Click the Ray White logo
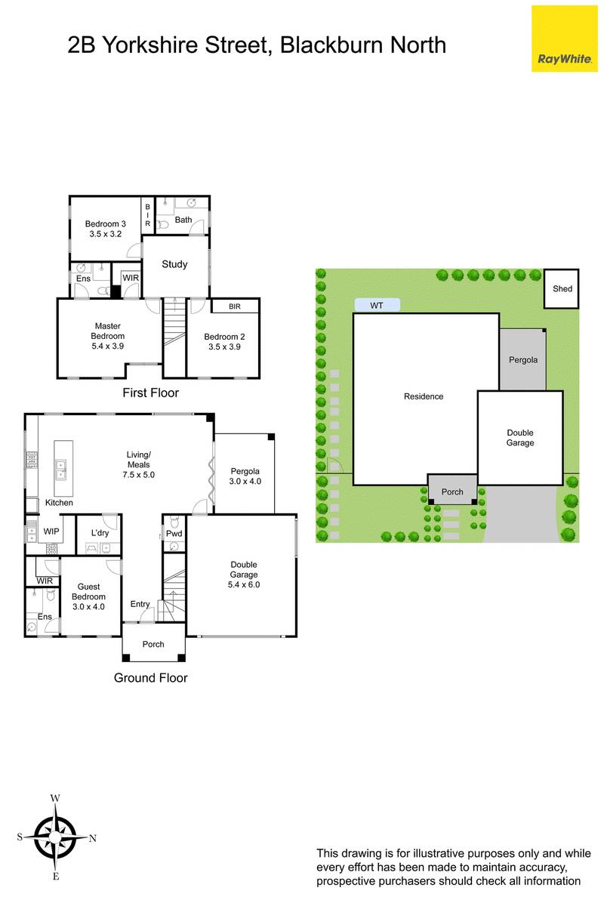(564, 39)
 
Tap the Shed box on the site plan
(562, 288)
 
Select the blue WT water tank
(377, 305)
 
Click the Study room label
(174, 264)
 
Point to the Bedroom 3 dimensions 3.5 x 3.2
(106, 234)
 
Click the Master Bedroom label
(108, 331)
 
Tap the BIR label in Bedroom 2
(235, 307)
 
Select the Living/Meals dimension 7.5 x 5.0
(139, 474)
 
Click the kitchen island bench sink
(60, 468)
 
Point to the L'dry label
(100, 533)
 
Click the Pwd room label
(174, 534)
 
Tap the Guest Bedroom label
(88, 591)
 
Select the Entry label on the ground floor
(140, 604)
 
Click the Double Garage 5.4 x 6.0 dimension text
(244, 584)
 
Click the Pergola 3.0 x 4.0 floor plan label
(245, 476)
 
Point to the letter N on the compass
(93, 839)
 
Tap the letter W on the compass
(55, 798)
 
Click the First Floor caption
(150, 393)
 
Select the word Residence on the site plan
(424, 396)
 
